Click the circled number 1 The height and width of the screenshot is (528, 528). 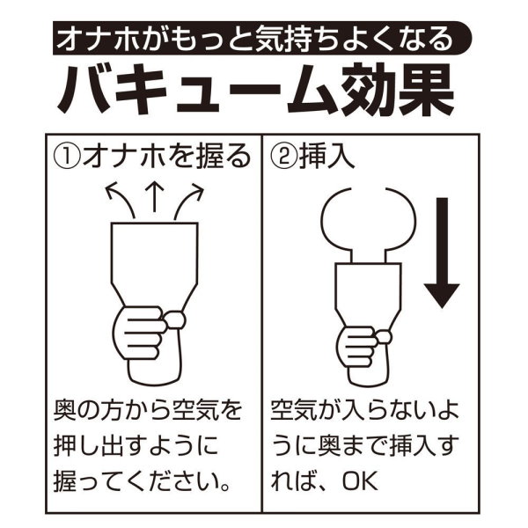tap(66, 157)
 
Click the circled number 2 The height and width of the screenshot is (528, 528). tap(284, 157)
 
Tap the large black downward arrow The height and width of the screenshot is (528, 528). tap(442, 253)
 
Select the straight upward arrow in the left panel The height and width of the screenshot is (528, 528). tap(154, 196)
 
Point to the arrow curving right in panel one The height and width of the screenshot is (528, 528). tap(188, 200)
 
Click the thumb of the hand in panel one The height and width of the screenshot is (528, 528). tap(175, 320)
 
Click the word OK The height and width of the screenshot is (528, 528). tap(360, 482)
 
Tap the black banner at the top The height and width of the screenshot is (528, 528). tap(261, 38)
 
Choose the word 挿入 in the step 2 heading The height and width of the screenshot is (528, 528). tap(326, 157)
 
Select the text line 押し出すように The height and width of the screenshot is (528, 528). tap(136, 446)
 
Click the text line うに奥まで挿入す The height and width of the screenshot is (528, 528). tap(365, 446)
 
